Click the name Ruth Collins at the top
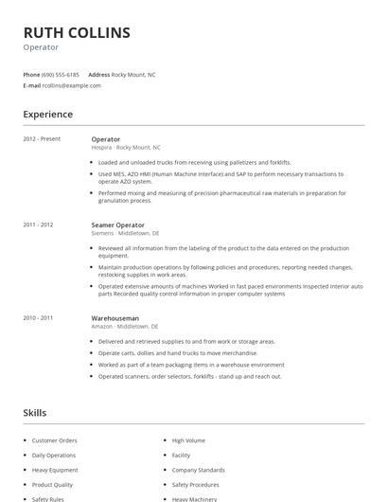(77, 32)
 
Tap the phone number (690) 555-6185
(61, 74)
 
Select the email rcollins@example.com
(71, 85)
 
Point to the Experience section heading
(47, 115)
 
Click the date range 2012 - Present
(42, 139)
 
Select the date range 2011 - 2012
(38, 224)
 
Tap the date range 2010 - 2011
(38, 318)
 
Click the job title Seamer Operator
(117, 224)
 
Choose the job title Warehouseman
(115, 318)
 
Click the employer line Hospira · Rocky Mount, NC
(126, 148)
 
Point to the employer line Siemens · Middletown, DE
(125, 232)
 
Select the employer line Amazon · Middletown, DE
(125, 326)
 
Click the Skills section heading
(35, 413)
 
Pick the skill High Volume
(188, 440)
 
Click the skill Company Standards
(198, 469)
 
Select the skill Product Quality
(52, 484)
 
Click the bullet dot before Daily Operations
(24, 455)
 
